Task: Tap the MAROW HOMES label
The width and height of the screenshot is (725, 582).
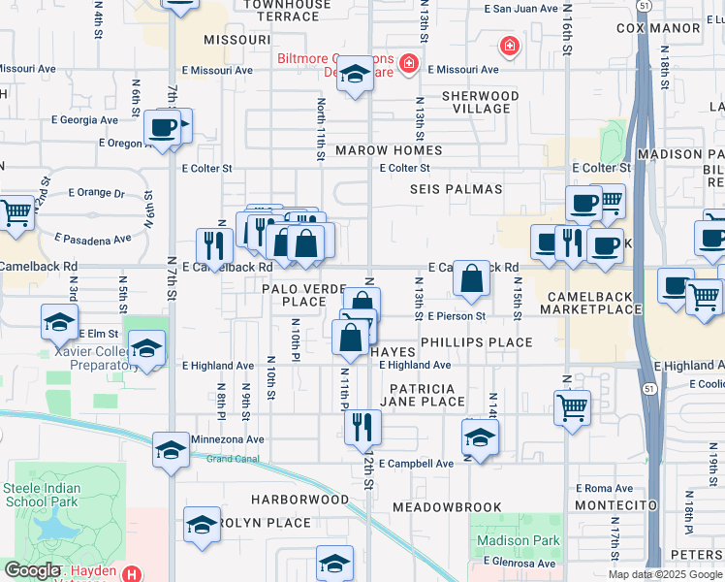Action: (x=389, y=150)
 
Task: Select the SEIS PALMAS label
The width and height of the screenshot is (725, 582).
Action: (x=457, y=189)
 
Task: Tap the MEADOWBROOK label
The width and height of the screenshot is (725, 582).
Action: (x=447, y=507)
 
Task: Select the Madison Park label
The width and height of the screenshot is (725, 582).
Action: (x=517, y=540)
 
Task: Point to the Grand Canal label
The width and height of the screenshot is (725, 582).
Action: (x=228, y=459)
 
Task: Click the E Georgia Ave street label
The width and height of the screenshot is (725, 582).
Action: (x=83, y=120)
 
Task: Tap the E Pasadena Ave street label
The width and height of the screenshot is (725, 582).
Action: (x=93, y=238)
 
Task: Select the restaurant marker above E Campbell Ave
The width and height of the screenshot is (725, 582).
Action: (x=362, y=427)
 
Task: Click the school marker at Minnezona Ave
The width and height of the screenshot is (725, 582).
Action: (x=172, y=449)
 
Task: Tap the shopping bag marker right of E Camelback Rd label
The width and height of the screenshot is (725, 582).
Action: (x=471, y=280)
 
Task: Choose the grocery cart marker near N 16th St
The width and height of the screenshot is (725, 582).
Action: (x=573, y=407)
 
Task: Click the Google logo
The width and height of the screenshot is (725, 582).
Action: (x=32, y=570)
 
